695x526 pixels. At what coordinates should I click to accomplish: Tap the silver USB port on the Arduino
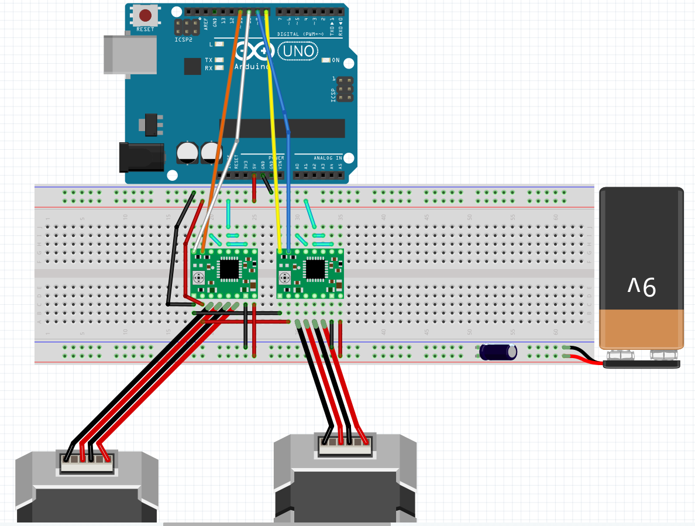130,54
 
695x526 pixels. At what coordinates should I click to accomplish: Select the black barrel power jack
140,157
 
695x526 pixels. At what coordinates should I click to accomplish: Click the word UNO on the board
298,52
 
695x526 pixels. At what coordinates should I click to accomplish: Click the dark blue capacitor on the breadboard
498,352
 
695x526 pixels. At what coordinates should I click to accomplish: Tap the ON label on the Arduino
336,60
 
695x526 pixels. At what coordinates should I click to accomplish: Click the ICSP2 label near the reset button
183,40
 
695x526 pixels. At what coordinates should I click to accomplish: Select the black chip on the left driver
229,269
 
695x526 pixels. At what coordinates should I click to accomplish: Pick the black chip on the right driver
315,269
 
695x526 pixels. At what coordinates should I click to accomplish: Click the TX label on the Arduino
209,60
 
